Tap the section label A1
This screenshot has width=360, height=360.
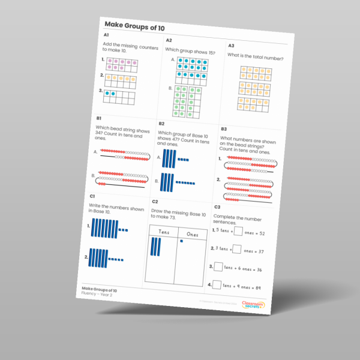coord(106,36)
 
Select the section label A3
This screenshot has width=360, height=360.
coord(231,46)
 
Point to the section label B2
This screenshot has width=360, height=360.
coord(161,124)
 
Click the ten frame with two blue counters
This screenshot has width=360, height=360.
coord(119,97)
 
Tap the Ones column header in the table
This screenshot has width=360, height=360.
coord(192,235)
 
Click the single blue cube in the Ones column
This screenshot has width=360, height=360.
coord(181,241)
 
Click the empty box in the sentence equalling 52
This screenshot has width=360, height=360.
coord(238,230)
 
